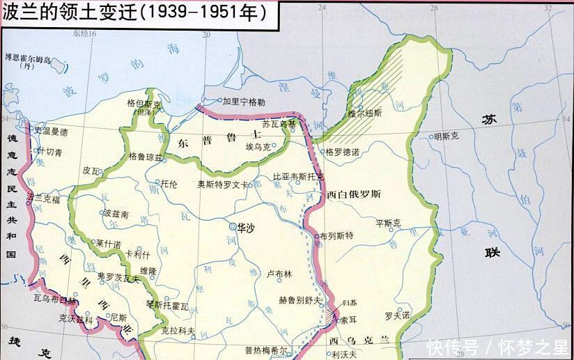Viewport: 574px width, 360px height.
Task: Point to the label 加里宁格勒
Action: tap(244, 101)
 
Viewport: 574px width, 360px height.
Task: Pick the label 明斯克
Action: tap(447, 136)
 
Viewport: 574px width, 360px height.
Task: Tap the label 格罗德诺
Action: tap(343, 151)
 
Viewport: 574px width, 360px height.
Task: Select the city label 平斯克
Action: tap(389, 224)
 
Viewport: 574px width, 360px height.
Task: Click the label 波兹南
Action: tap(115, 214)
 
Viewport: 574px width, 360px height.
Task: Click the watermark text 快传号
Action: tap(452, 346)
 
